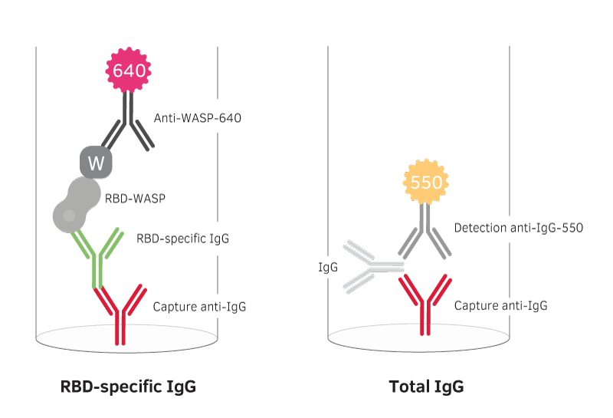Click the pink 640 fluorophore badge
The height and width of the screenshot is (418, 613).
tap(128, 71)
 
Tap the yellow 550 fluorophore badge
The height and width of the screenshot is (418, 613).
tap(426, 183)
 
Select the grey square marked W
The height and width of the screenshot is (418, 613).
tap(96, 162)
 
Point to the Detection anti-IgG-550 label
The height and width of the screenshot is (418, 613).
tap(518, 228)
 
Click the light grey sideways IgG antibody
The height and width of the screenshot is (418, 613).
tap(369, 267)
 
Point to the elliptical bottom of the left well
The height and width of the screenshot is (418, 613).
tap(126, 338)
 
